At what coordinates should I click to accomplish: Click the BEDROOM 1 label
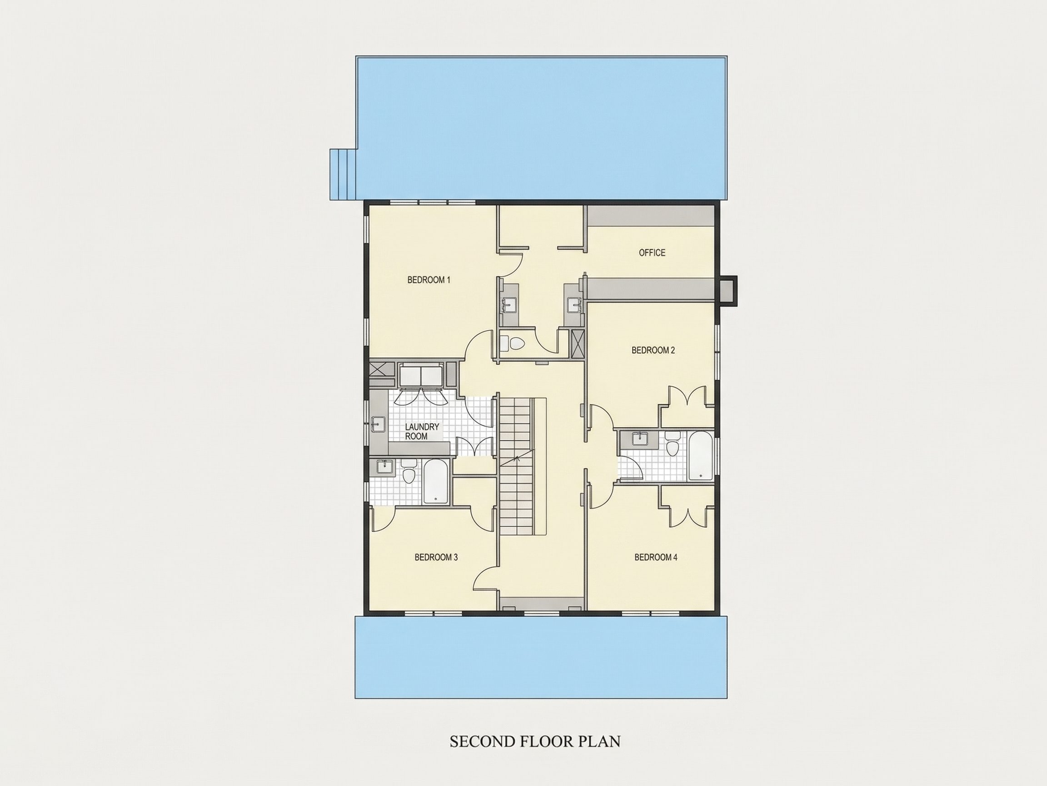click(x=429, y=280)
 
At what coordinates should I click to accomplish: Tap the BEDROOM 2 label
click(x=653, y=350)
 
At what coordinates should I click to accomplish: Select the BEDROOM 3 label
click(x=436, y=557)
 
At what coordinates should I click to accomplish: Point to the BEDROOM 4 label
click(x=656, y=557)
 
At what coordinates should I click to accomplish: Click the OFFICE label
click(x=652, y=252)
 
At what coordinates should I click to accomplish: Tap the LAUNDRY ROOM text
click(x=422, y=432)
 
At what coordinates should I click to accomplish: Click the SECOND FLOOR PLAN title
click(x=535, y=741)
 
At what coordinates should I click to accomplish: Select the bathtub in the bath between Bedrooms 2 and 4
click(x=699, y=455)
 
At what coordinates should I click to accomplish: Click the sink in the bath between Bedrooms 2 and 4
click(x=640, y=439)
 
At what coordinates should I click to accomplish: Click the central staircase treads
click(x=516, y=466)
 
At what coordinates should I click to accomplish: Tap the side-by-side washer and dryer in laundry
click(x=421, y=376)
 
